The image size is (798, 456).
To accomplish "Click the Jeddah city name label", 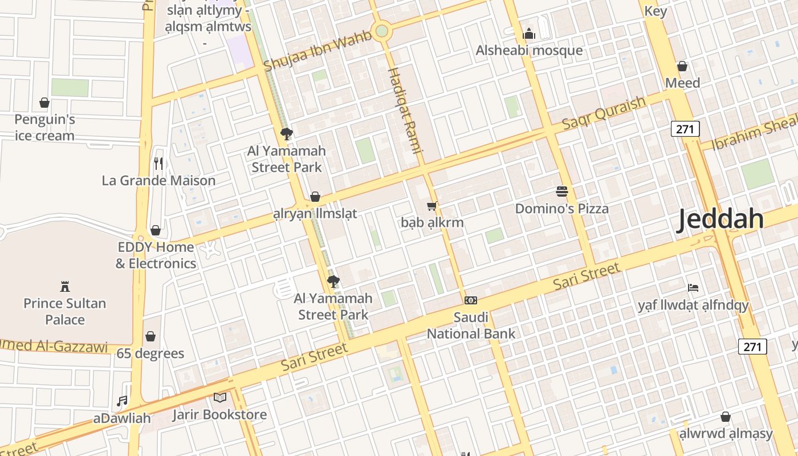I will pyautogui.click(x=720, y=219).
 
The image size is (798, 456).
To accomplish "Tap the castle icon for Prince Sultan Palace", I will pyautogui.click(x=64, y=286).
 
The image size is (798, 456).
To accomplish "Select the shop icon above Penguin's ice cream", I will pyautogui.click(x=44, y=103).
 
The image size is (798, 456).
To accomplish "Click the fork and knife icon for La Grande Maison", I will pyautogui.click(x=158, y=164).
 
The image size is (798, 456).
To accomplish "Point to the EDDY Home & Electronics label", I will pyautogui.click(x=156, y=255).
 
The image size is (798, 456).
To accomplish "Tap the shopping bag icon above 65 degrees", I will pyautogui.click(x=150, y=336).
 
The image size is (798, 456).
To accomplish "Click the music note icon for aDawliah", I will pyautogui.click(x=122, y=401).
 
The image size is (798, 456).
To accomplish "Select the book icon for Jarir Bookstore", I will pyautogui.click(x=220, y=397).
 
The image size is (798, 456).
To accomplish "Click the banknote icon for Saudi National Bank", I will pyautogui.click(x=471, y=300).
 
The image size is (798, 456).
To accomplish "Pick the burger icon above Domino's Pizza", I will pyautogui.click(x=562, y=192).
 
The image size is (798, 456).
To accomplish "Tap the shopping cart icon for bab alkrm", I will pyautogui.click(x=432, y=206).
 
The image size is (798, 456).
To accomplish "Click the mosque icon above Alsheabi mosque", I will pyautogui.click(x=529, y=34).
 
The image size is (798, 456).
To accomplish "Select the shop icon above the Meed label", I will pyautogui.click(x=682, y=66).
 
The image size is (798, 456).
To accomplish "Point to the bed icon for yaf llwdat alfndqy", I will pyautogui.click(x=693, y=288).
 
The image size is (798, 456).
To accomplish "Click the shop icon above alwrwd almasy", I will pyautogui.click(x=726, y=417).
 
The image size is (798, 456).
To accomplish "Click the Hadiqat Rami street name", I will pyautogui.click(x=405, y=111).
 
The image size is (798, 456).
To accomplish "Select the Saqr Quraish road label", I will pyautogui.click(x=604, y=113).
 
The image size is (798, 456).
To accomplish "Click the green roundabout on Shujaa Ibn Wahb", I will pyautogui.click(x=382, y=30).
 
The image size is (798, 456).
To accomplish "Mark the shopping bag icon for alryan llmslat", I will pyautogui.click(x=315, y=197).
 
